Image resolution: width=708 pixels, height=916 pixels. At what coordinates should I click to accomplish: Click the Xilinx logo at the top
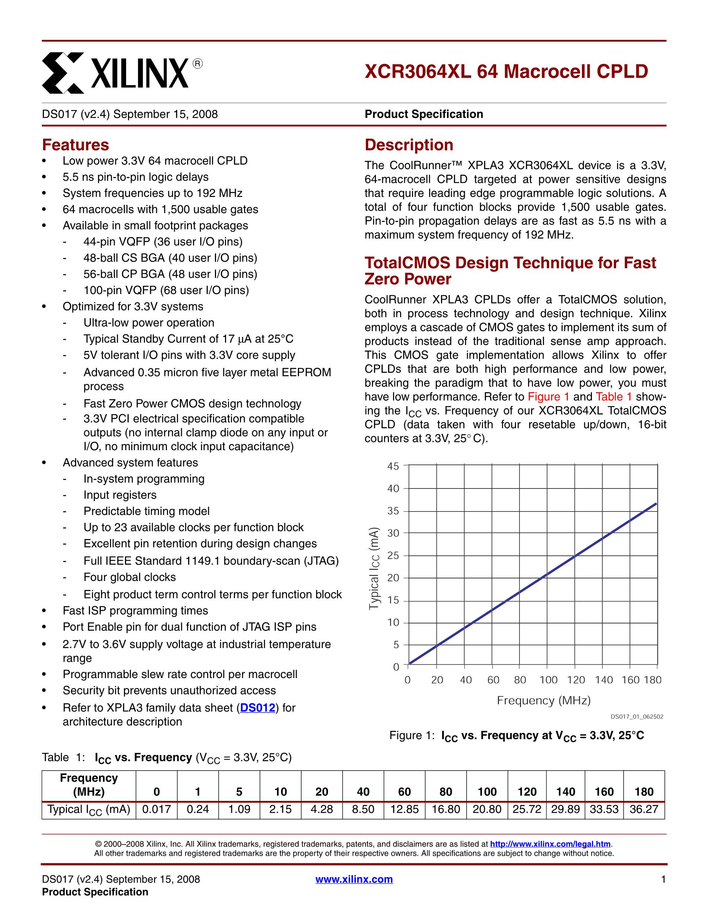point(122,72)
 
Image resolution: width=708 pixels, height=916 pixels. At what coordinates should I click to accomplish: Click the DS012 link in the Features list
point(258,708)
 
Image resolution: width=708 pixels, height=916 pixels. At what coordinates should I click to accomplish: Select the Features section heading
point(75,145)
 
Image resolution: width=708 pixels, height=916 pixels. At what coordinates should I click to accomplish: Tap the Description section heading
point(409,145)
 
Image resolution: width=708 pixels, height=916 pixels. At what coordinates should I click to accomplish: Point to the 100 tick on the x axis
point(548,680)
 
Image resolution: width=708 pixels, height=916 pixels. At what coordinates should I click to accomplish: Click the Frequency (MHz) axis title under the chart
point(544,701)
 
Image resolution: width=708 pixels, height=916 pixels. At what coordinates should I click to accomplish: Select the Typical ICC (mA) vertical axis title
point(374,568)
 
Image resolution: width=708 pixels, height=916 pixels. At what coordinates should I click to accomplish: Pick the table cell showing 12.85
point(404,809)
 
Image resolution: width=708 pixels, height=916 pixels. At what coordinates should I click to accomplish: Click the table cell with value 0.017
point(157,809)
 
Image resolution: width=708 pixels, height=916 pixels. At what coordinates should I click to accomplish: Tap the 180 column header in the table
point(644,792)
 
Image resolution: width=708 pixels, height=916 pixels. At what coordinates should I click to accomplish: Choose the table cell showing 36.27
point(644,809)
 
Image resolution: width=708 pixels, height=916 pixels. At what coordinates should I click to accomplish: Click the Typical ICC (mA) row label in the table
point(89,809)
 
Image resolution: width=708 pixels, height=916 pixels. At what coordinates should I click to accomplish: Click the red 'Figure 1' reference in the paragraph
point(548,397)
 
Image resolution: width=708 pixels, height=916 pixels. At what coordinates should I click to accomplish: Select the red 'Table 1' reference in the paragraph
point(614,397)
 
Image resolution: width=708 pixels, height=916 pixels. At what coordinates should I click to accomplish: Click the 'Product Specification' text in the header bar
point(424,114)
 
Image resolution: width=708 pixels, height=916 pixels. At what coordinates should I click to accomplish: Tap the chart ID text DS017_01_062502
point(637,717)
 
